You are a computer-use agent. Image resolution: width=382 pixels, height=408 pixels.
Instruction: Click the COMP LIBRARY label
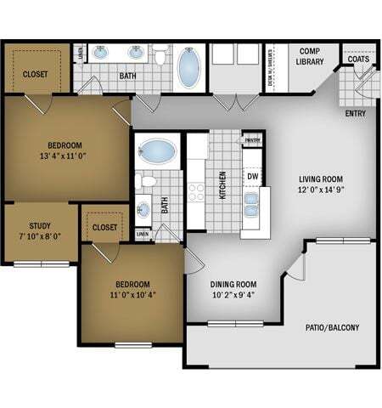(x=310, y=56)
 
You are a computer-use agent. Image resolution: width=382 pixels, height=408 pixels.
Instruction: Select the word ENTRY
(x=356, y=113)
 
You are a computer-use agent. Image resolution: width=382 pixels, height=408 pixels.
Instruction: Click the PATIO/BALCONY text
(x=332, y=327)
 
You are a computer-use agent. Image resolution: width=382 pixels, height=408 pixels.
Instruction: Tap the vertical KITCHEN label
(x=223, y=184)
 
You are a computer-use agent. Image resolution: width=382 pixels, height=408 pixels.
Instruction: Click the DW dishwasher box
(x=253, y=176)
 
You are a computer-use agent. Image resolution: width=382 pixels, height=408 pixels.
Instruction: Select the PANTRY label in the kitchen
(x=252, y=141)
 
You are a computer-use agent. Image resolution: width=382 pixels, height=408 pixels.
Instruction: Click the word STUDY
(x=40, y=226)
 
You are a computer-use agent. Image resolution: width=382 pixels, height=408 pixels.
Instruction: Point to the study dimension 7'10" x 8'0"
(x=40, y=238)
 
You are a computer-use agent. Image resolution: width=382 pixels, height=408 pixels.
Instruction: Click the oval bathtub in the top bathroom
(x=188, y=69)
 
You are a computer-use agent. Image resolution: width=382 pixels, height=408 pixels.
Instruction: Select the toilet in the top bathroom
(x=160, y=57)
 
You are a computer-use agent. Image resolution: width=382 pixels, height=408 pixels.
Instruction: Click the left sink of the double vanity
(x=101, y=54)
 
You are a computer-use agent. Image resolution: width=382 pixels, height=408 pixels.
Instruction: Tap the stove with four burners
(x=195, y=191)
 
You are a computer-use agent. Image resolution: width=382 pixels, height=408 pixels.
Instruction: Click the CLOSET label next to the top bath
(x=36, y=74)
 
